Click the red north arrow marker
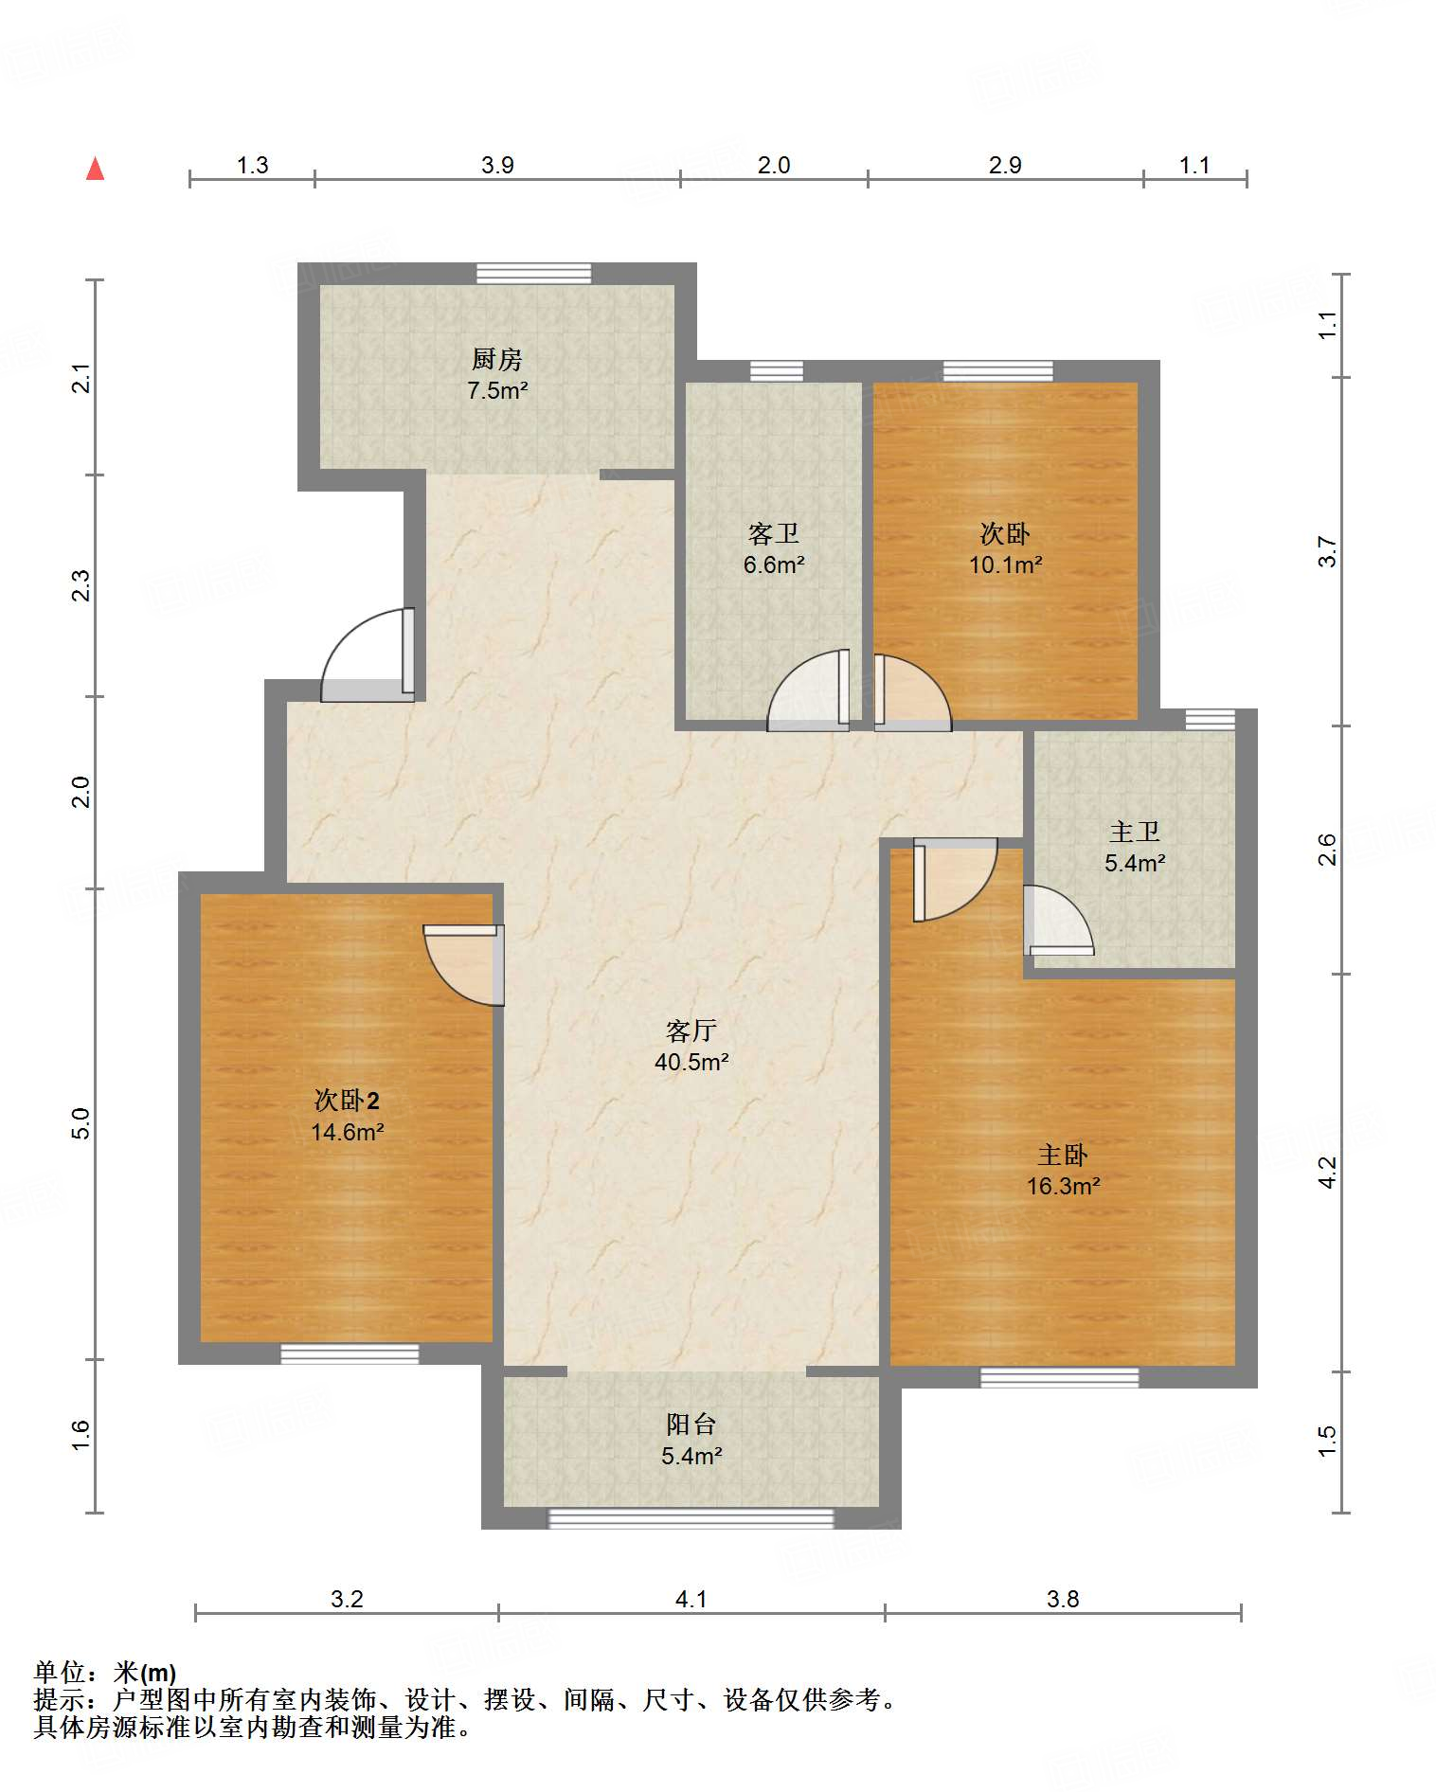[95, 169]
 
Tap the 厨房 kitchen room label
[497, 359]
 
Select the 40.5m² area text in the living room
[691, 1062]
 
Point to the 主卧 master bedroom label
[1063, 1155]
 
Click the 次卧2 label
[347, 1100]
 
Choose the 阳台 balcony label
[691, 1424]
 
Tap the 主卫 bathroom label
[1135, 832]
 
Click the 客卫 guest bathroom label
[773, 533]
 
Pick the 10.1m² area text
[1005, 565]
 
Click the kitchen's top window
[533, 274]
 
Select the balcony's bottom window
[691, 1518]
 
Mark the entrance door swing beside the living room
[368, 654]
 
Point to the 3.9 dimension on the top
[497, 166]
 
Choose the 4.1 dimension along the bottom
[691, 1600]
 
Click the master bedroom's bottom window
[1059, 1378]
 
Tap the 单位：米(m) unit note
[105, 1673]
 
